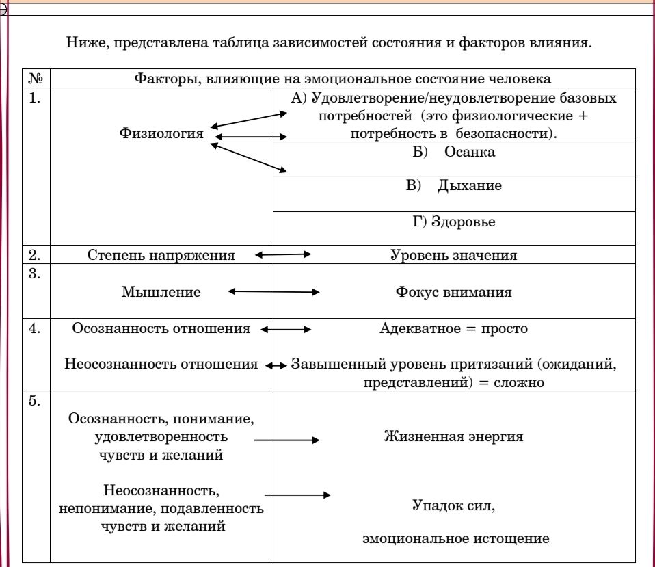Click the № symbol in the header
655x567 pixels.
[36, 79]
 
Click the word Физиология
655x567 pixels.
[161, 133]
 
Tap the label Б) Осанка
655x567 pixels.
[454, 152]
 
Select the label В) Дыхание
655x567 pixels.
[454, 185]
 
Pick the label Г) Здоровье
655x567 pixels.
[454, 222]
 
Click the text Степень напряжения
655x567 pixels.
[161, 255]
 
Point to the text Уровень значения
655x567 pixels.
[454, 255]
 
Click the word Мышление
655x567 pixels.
[161, 292]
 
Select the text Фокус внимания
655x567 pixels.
[454, 292]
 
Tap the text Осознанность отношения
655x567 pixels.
[161, 328]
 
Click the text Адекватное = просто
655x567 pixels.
[454, 328]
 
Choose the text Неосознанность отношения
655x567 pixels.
[161, 364]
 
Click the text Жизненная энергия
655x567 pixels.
[454, 436]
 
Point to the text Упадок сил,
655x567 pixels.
[454, 505]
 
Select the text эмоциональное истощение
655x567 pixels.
[456, 538]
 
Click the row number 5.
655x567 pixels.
[34, 401]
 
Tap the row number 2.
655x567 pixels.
[34, 255]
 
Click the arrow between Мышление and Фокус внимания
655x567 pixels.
[273, 291]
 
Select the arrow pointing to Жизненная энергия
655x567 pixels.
[287, 440]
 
